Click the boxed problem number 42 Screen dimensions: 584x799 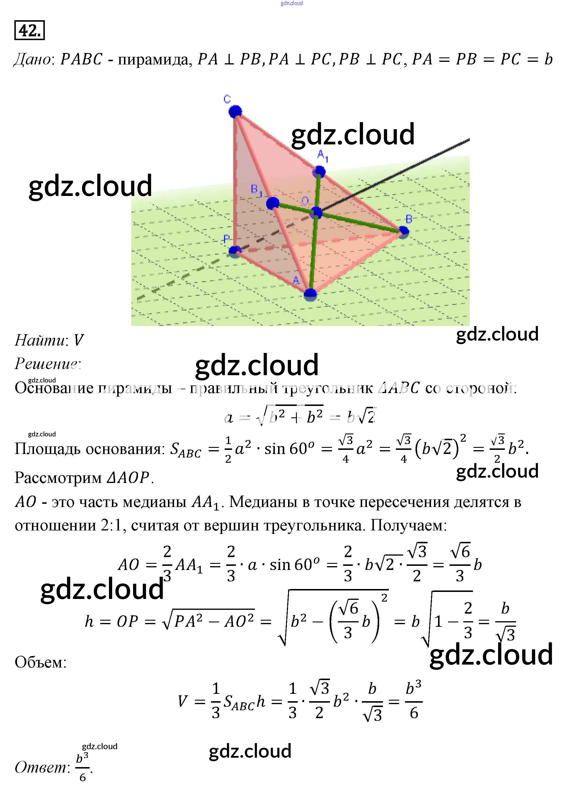[x=29, y=30]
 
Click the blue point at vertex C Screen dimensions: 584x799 [x=235, y=112]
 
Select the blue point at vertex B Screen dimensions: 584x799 [x=403, y=231]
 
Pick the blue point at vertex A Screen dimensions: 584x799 [x=310, y=294]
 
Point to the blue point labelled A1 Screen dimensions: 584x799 [x=320, y=172]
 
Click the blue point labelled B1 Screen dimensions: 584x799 [x=273, y=203]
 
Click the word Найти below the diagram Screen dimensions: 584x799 [x=40, y=340]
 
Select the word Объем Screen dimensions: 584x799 [x=40, y=662]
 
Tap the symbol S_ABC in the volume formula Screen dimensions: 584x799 [x=239, y=701]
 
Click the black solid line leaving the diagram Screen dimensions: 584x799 [x=396, y=175]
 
